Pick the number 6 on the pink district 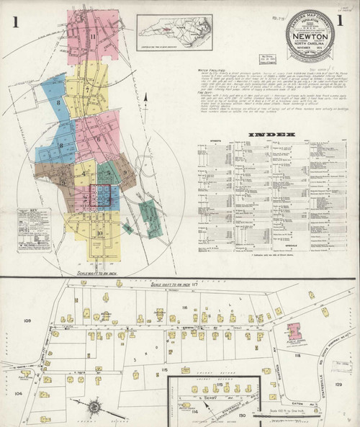[x=98, y=139]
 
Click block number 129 [x=339, y=386]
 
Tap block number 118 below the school [x=295, y=356]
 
